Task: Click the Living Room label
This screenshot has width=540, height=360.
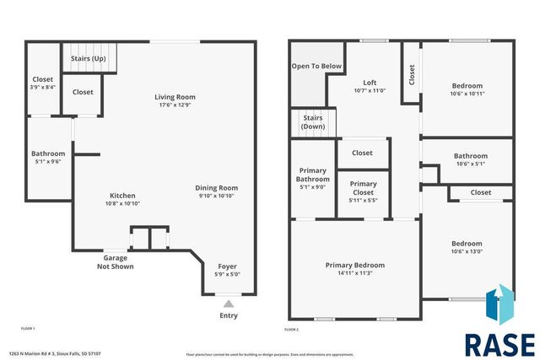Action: (175, 97)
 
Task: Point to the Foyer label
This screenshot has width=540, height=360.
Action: (228, 266)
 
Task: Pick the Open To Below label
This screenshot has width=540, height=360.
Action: (316, 66)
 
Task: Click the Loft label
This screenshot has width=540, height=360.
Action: (370, 82)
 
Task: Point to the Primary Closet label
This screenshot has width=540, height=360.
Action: (363, 188)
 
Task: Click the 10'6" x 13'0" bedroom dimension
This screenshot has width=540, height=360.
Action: (467, 251)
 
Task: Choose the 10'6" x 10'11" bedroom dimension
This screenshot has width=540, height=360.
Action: (467, 94)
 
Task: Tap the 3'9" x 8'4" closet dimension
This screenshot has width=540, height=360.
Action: (42, 87)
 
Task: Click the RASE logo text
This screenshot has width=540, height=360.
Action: (499, 344)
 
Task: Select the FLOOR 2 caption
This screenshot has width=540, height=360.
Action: (291, 328)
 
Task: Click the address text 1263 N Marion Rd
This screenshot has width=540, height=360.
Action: (56, 353)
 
